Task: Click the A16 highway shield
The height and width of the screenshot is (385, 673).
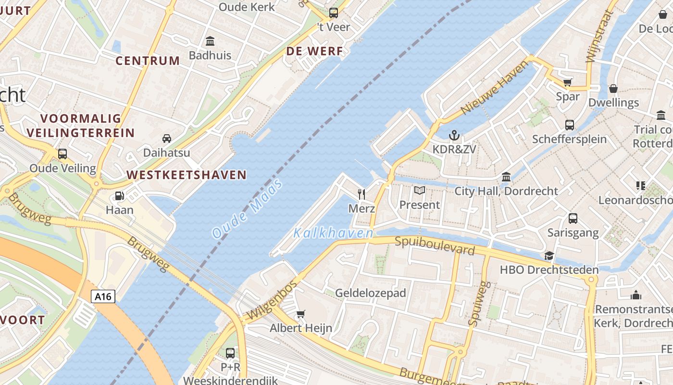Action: pos(103,296)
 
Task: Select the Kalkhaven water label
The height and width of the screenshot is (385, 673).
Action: pos(333,233)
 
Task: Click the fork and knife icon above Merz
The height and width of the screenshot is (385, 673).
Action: pos(361,194)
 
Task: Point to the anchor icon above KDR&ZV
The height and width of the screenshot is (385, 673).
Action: pos(454,135)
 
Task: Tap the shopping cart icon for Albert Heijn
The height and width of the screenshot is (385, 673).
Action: pos(301,314)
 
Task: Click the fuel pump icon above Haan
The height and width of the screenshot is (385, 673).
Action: pos(119,196)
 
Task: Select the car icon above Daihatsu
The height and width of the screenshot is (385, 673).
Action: pos(167,139)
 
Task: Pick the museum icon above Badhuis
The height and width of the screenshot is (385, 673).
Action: pos(210,41)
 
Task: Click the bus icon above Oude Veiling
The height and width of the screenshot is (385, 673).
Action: pos(62,154)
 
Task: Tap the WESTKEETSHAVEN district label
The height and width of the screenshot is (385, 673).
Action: pos(187,175)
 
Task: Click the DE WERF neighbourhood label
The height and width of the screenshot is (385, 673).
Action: pos(315,51)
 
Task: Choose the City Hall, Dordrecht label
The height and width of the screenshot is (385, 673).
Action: pos(506,191)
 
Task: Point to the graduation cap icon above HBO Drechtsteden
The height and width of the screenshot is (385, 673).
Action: pos(549,256)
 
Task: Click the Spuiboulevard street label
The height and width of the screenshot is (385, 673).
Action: pos(435,245)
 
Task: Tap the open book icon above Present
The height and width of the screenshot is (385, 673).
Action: pos(420,191)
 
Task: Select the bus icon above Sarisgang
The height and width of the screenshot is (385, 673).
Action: pos(573,218)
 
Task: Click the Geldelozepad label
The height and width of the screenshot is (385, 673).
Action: pos(371,293)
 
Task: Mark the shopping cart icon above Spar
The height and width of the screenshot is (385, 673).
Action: pos(567,82)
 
